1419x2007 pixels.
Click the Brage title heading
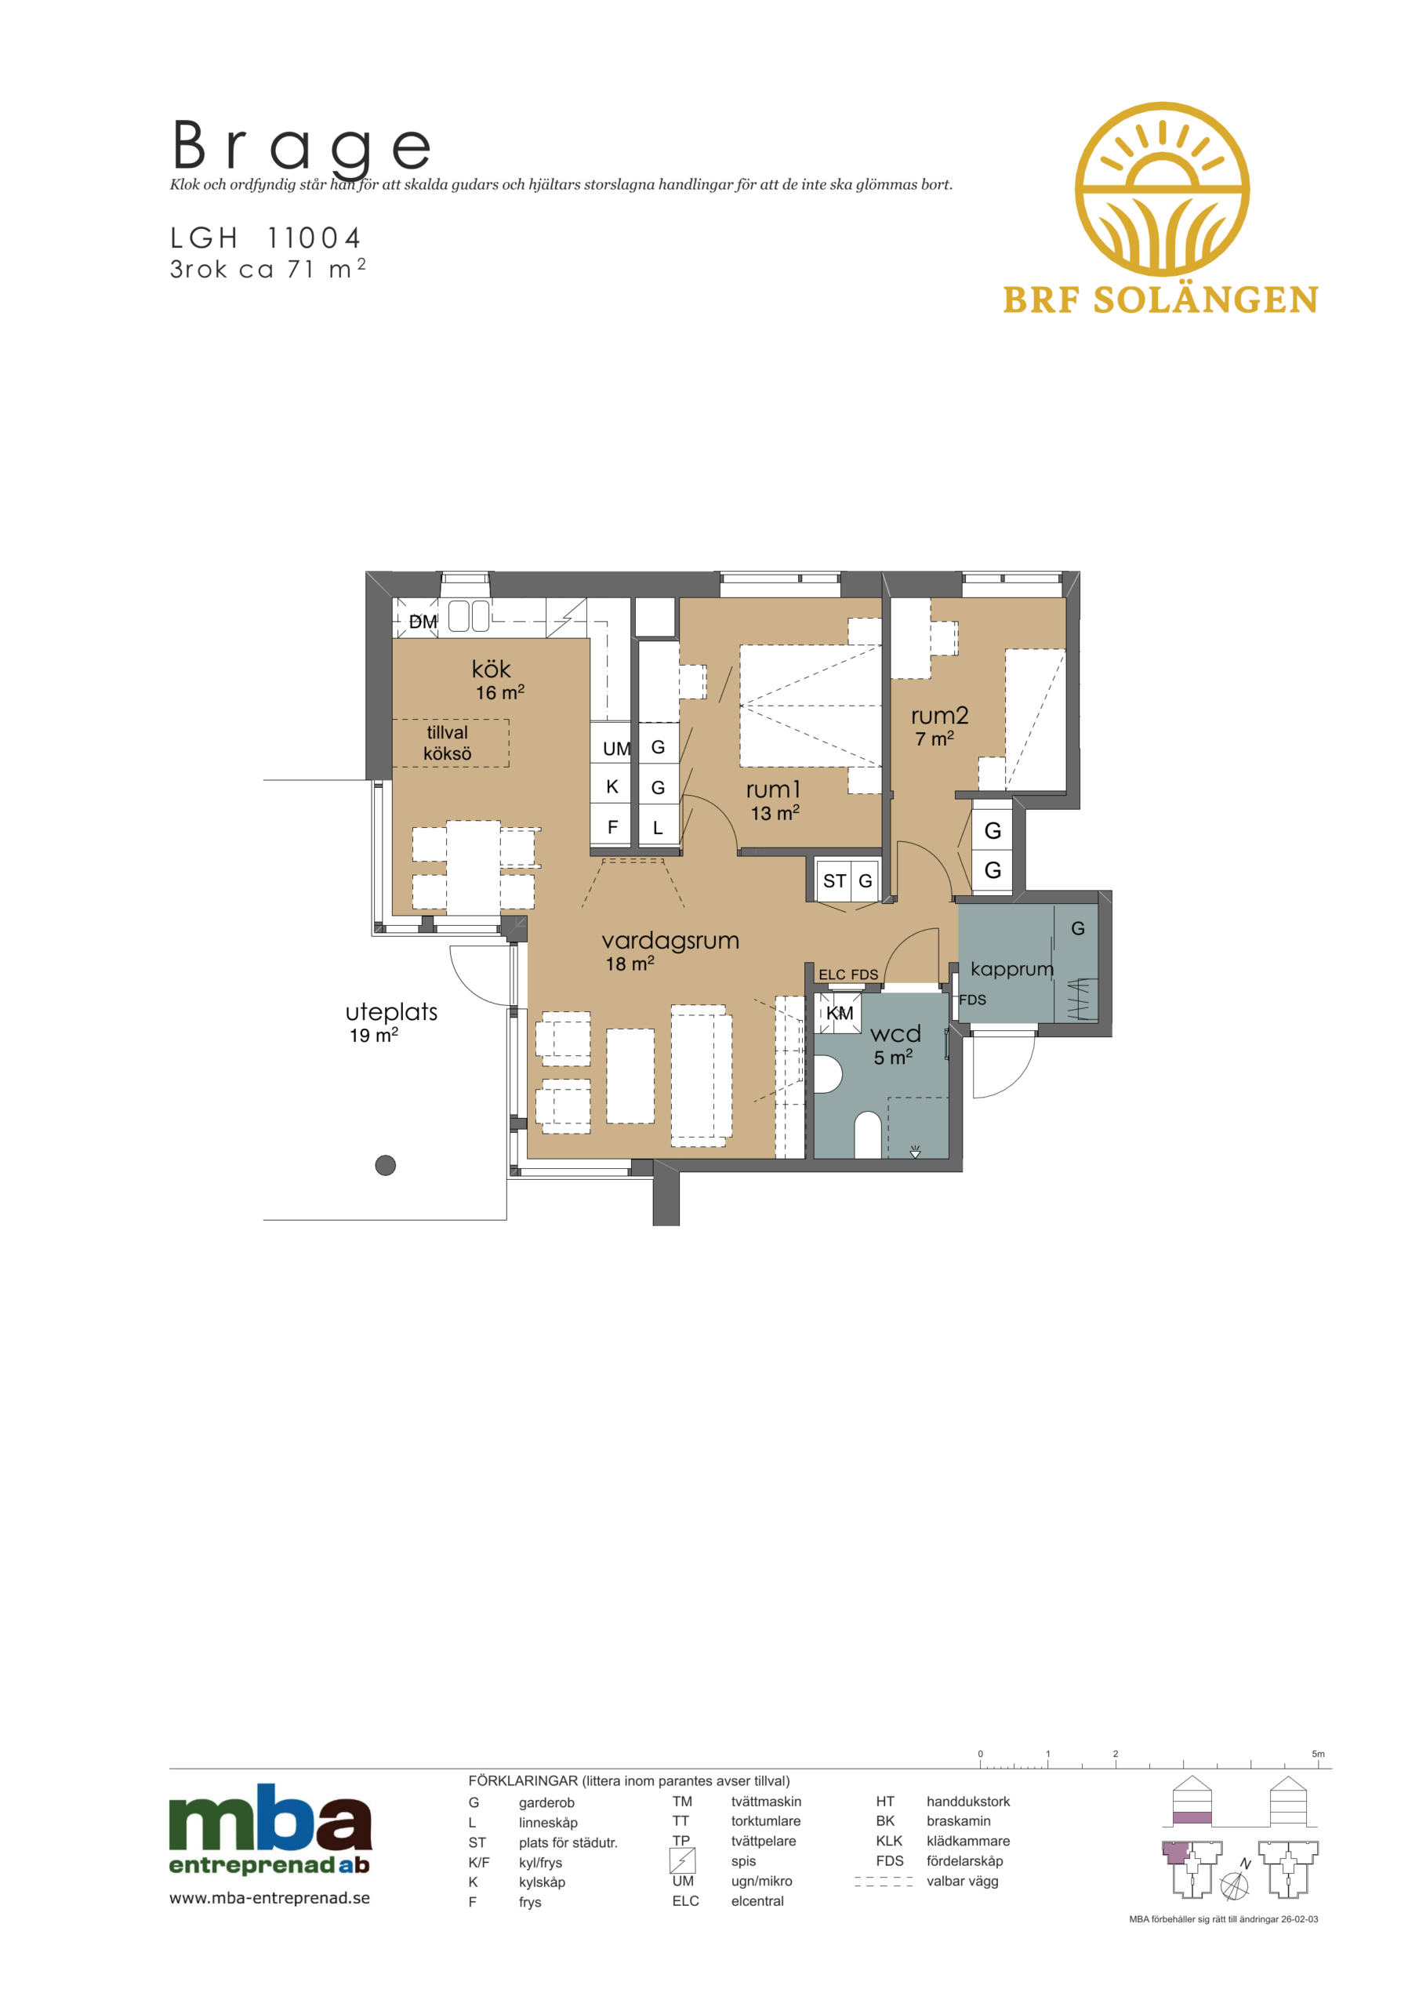pos(302,146)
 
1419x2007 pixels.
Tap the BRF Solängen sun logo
pos(1162,189)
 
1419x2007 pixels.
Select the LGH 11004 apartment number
pos(265,238)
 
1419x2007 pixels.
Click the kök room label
pos(491,669)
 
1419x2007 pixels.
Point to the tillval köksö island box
pos(450,743)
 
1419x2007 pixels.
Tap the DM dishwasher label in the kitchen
pos(423,622)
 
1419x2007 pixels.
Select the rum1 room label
pos(773,789)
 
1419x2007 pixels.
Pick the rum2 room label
pos(939,716)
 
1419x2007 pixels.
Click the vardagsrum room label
pos(670,941)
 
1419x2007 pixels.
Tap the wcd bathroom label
pos(895,1034)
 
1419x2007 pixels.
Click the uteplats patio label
pos(392,1012)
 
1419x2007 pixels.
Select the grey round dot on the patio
pos(386,1165)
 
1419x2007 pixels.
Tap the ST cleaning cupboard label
pos(834,881)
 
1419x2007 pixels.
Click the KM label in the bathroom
pos(840,1013)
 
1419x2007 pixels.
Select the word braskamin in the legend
pos(958,1821)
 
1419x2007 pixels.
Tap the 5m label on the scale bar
pos(1318,1754)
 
